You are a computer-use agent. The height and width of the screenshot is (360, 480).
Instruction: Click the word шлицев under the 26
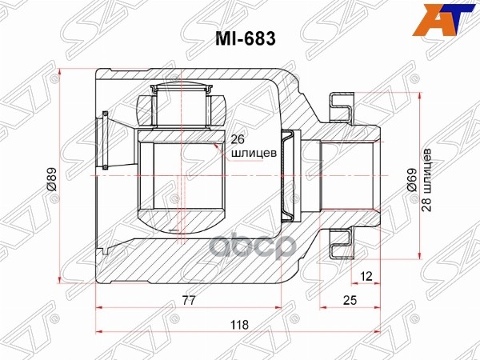[249, 150]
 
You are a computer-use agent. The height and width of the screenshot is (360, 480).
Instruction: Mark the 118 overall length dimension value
[238, 325]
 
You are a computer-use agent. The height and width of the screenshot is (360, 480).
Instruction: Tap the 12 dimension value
[366, 277]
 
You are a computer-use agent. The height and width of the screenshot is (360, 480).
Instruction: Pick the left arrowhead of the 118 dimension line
[99, 332]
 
